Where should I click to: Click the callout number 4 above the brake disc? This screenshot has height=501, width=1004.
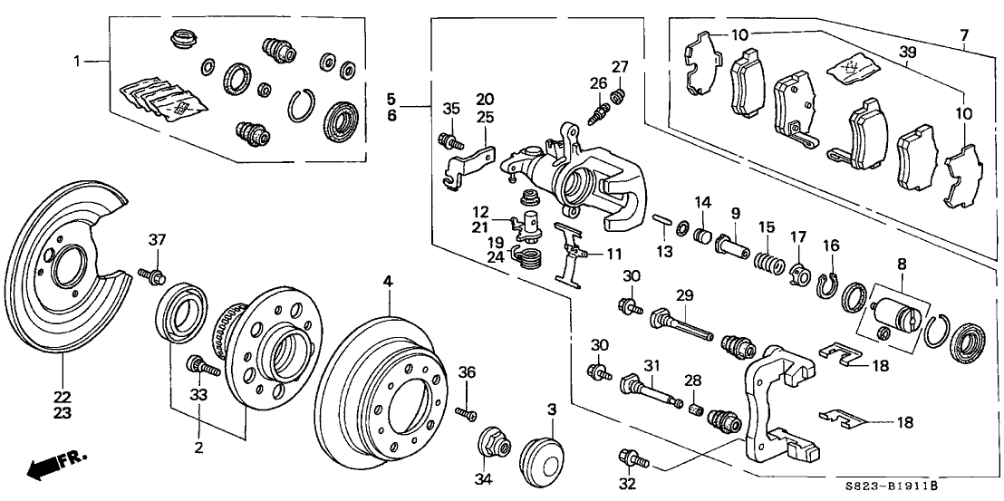[x=388, y=283]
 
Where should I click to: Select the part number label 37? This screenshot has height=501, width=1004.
[x=158, y=239]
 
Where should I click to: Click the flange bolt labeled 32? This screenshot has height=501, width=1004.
[x=628, y=458]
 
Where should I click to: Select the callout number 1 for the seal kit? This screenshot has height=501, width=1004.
[x=78, y=61]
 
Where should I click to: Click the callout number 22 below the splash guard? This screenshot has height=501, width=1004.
[x=62, y=397]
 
